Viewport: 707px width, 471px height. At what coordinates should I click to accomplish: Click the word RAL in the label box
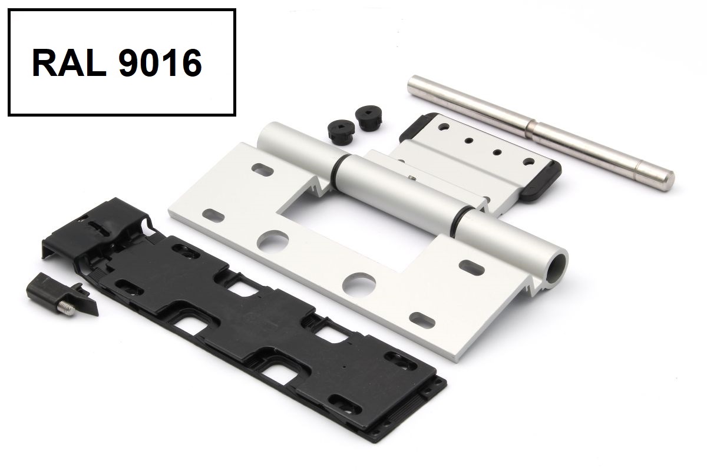[69, 63]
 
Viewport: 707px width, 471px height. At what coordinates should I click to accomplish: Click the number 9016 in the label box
[160, 63]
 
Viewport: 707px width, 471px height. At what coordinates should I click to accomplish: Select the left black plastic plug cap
[339, 131]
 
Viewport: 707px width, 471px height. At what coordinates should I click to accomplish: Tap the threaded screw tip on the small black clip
[67, 309]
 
